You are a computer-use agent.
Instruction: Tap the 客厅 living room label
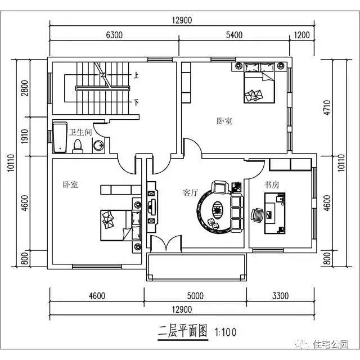coord(191,192)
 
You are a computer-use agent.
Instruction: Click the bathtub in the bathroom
coord(60,137)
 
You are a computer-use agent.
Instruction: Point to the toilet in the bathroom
coord(78,146)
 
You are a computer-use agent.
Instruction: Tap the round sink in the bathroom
coord(98,146)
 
